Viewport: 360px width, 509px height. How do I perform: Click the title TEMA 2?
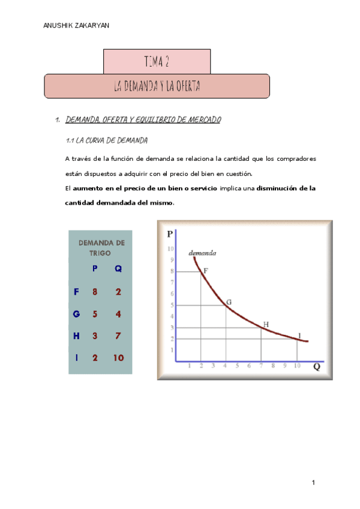click(x=157, y=61)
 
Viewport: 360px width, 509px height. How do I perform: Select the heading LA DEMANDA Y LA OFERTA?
click(x=157, y=86)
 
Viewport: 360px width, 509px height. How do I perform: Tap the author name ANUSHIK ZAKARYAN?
click(x=77, y=26)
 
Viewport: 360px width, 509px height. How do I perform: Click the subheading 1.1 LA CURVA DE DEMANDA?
click(x=106, y=140)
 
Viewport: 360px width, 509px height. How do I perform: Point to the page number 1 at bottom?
click(x=313, y=483)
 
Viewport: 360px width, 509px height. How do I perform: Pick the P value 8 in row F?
click(x=95, y=292)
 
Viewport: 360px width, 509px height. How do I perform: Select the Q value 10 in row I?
click(x=118, y=358)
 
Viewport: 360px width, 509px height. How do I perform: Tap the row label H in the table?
click(x=76, y=336)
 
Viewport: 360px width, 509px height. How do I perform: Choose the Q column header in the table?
click(x=118, y=269)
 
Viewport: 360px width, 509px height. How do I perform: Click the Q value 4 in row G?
click(x=118, y=314)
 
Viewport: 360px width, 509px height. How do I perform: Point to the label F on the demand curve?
click(x=206, y=271)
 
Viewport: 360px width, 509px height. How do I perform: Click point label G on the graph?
click(x=229, y=301)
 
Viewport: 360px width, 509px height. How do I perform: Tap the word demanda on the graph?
click(x=203, y=253)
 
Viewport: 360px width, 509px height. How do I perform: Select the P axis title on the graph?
click(x=170, y=234)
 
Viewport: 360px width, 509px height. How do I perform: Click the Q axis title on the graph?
click(x=316, y=367)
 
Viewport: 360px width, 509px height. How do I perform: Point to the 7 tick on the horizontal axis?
click(x=261, y=366)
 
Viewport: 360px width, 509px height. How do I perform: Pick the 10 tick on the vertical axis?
click(x=170, y=248)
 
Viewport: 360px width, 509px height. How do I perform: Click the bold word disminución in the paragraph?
click(x=276, y=188)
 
